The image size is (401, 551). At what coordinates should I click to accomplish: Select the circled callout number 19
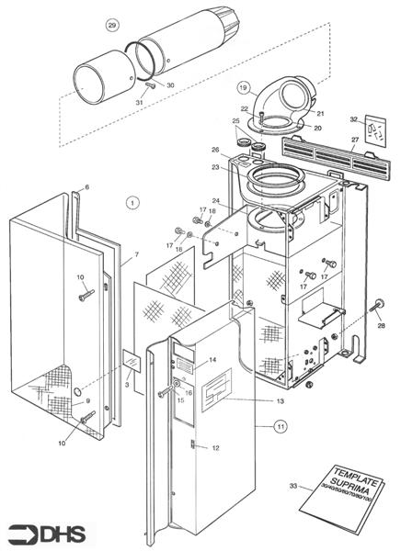click(243, 88)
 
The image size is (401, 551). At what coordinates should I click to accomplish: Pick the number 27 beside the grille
click(354, 141)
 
